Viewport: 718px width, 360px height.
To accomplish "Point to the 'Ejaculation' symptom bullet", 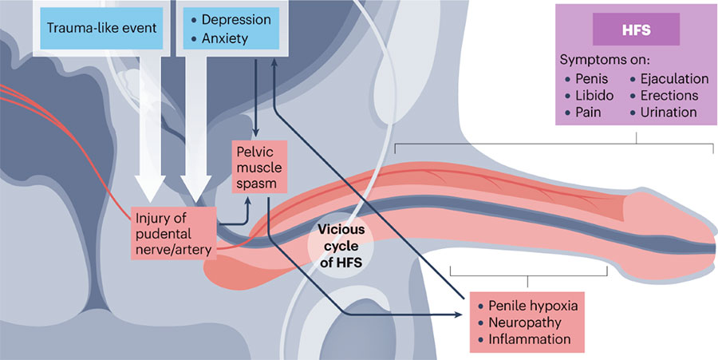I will tap(675, 78).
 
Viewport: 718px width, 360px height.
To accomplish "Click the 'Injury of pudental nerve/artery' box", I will tap(173, 232).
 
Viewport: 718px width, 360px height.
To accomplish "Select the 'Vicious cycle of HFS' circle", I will tap(341, 244).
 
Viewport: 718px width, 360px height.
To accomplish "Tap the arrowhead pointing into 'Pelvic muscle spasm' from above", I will tap(255, 134).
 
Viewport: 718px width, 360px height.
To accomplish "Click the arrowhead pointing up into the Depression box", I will tap(274, 69).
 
